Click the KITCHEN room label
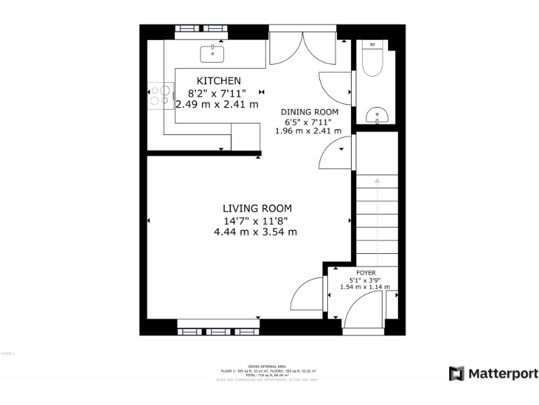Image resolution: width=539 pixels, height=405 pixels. [x=218, y=81]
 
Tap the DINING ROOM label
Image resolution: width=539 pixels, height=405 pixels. [x=310, y=112]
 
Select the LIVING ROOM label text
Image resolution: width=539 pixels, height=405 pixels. [x=257, y=208]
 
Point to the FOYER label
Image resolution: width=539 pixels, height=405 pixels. [x=366, y=272]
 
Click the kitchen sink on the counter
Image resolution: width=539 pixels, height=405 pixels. [x=211, y=52]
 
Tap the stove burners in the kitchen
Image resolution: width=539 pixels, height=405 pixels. [x=159, y=95]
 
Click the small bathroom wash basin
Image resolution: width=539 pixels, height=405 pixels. [x=377, y=115]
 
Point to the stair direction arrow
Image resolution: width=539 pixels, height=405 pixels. [x=377, y=181]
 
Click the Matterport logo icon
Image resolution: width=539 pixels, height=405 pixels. [x=457, y=373]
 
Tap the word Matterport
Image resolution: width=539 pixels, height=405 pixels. [x=503, y=373]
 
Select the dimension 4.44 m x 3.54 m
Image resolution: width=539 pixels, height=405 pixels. [x=255, y=231]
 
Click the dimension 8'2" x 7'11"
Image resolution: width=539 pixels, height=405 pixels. [x=217, y=93]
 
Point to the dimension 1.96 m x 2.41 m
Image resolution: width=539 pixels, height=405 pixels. [x=309, y=130]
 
